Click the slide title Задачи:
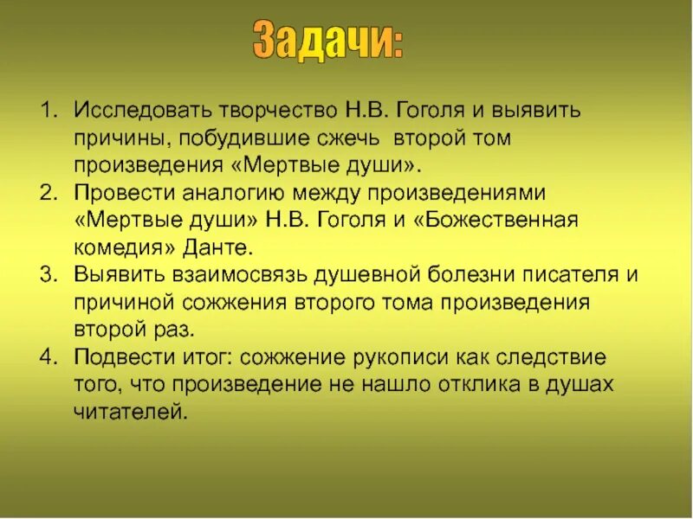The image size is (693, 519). coord(328,39)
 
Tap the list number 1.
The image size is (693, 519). coord(49,112)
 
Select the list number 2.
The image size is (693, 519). coord(49,192)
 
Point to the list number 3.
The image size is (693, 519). coord(49,276)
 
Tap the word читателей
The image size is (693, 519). coord(130,412)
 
